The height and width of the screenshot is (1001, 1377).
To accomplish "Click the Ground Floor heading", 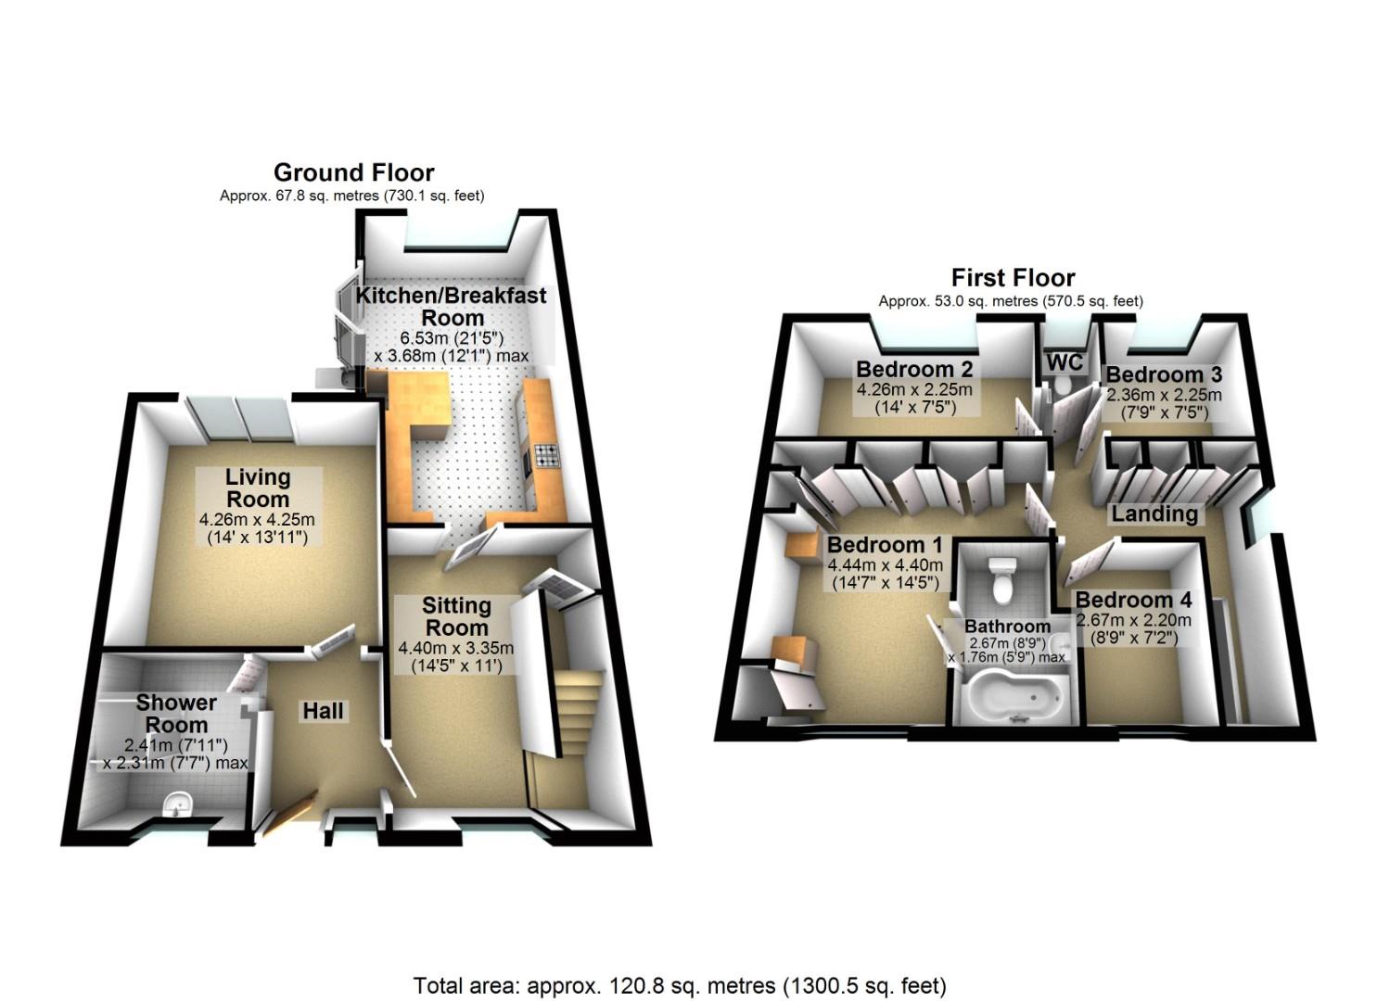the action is [x=353, y=172].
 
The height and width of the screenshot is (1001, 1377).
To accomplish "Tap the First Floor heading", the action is [x=1014, y=278].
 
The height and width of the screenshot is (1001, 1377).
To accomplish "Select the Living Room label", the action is [x=258, y=488].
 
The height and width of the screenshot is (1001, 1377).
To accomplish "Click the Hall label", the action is [x=323, y=711].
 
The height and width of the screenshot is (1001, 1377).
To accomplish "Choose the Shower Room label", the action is [x=176, y=714].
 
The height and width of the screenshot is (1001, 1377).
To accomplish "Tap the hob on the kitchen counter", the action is [x=545, y=456].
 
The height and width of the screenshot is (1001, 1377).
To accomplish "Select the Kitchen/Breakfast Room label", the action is [x=452, y=307].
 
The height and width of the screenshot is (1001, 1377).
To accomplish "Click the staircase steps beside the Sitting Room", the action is [x=578, y=712].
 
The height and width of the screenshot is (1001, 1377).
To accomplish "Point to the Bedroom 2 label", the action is [x=914, y=369].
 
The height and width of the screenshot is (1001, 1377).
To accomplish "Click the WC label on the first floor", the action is [x=1065, y=362].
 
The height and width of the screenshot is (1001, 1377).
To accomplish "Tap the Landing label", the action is [x=1154, y=513].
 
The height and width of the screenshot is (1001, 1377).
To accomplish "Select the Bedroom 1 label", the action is [x=885, y=544].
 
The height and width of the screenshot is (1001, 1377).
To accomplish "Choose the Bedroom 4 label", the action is [x=1133, y=599].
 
